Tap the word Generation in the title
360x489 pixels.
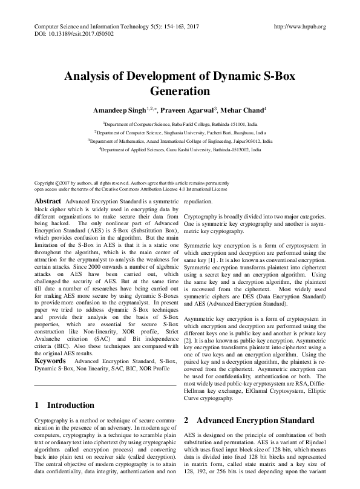click(180, 92)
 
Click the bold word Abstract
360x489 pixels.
click(47, 201)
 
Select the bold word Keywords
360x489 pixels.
click(51, 360)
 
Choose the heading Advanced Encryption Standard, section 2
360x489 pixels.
click(255, 403)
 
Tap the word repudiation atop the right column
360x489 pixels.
click(198, 200)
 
